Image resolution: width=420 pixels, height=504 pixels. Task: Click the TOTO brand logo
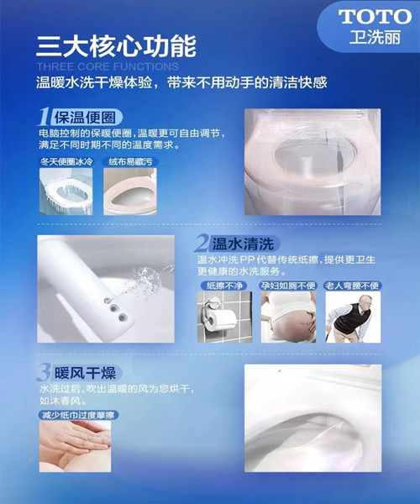tap(375, 17)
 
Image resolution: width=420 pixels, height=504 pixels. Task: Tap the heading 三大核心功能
tap(116, 46)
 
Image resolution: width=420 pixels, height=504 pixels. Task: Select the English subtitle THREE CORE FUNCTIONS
tap(108, 66)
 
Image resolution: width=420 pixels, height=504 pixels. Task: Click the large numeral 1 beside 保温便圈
tap(44, 117)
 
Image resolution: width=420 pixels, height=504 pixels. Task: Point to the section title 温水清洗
tap(243, 244)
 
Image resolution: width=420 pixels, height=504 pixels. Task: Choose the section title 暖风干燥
tap(85, 373)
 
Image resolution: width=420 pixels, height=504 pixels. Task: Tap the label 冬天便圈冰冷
tap(66, 161)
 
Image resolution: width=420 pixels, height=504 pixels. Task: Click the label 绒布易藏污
tap(130, 161)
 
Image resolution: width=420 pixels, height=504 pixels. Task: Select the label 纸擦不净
tap(224, 286)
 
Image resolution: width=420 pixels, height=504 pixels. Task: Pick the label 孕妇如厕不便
tap(288, 286)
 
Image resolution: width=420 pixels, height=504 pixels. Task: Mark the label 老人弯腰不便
tap(352, 286)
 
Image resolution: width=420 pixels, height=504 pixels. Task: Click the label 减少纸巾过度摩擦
tap(78, 415)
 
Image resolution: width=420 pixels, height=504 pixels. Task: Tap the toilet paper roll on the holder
tap(222, 319)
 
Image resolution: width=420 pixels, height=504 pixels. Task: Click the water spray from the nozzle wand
tap(148, 279)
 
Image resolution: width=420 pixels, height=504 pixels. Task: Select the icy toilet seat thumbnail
tap(66, 192)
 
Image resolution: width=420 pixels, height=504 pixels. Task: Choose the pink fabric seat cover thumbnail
tap(130, 192)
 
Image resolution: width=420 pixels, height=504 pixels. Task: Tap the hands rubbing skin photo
tap(76, 447)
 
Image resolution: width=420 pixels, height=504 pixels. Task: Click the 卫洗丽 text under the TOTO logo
tap(375, 37)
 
